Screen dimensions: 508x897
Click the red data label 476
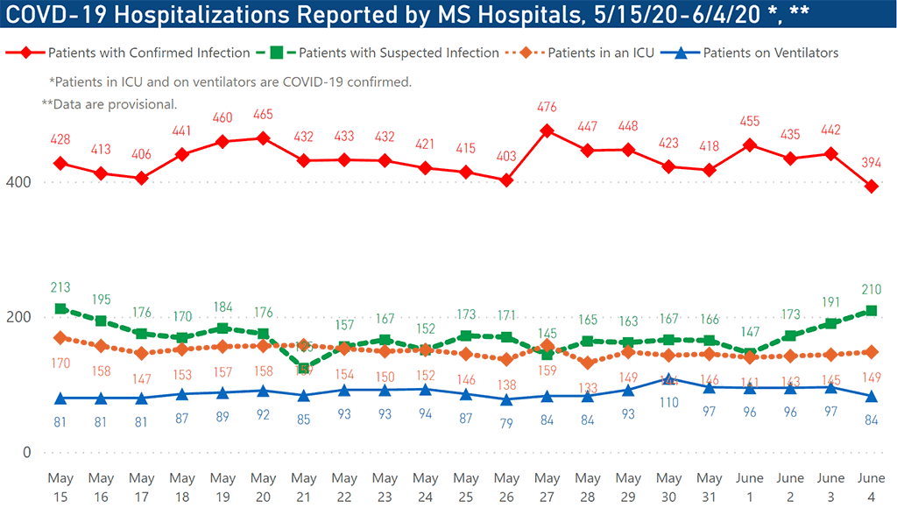547,108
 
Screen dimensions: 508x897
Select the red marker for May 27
547,131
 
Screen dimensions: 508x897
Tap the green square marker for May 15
60,308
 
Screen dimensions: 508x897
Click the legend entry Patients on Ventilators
770,53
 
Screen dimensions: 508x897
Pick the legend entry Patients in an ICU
601,53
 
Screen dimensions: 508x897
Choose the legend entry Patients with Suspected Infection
399,53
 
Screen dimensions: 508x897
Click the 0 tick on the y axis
26,453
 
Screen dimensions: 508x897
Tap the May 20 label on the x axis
263,486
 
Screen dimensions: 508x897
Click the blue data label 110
669,402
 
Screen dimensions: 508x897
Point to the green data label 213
60,286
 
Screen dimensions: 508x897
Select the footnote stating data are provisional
109,104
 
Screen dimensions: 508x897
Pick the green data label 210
872,288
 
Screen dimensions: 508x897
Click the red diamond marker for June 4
872,186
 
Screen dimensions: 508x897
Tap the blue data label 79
507,423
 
